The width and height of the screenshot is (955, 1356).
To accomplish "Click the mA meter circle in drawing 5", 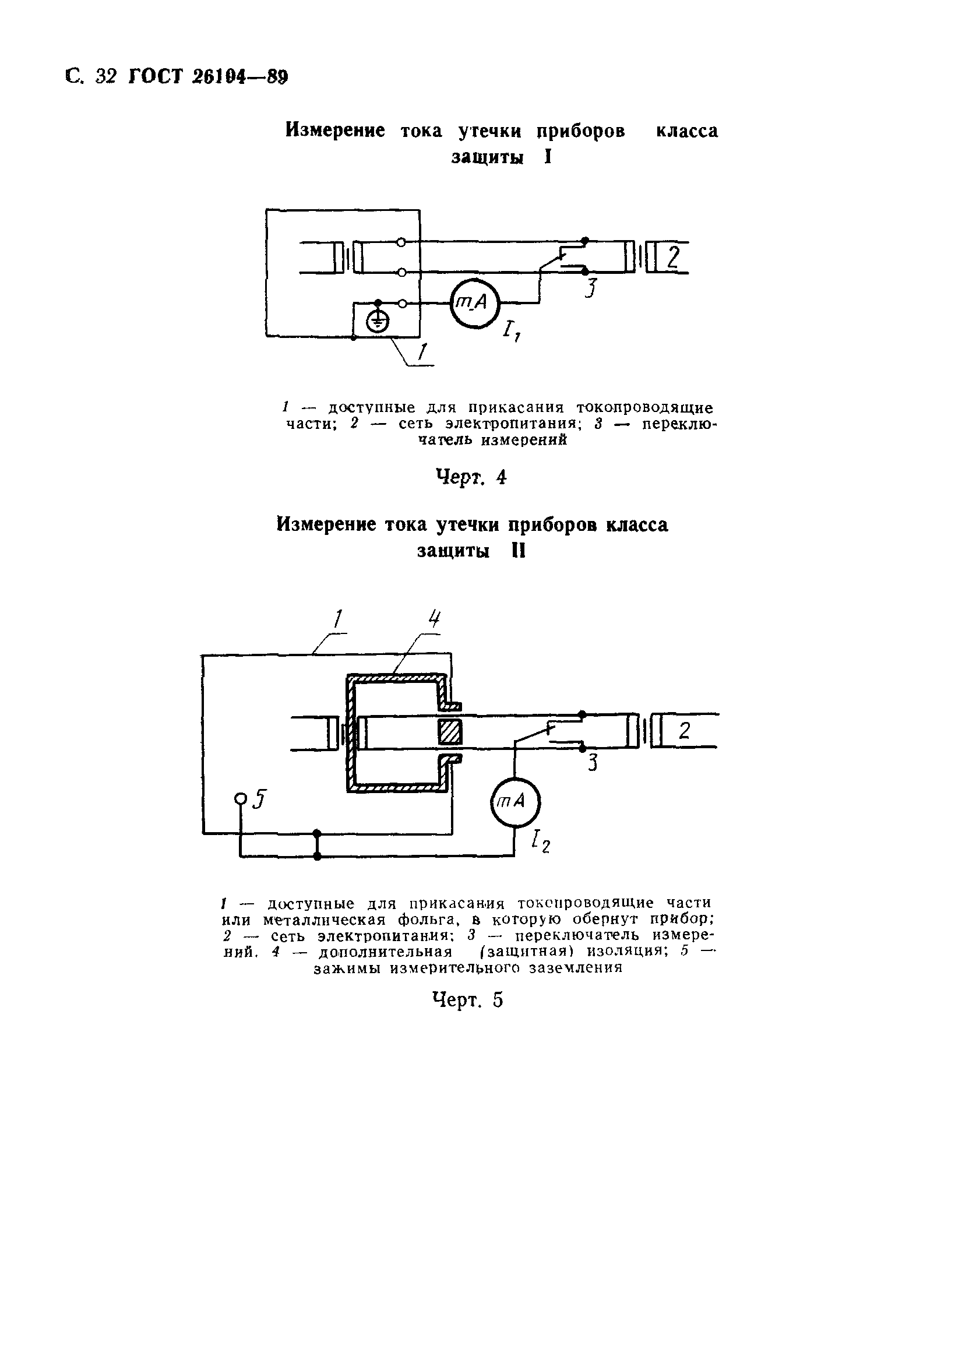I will (x=516, y=802).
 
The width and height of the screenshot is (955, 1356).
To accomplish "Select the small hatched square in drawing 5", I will (x=449, y=732).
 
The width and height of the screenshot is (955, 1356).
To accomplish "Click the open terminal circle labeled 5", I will (x=241, y=798).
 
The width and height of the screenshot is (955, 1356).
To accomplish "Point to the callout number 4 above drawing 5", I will (x=435, y=618).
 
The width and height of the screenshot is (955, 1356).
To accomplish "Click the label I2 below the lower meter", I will (x=540, y=841).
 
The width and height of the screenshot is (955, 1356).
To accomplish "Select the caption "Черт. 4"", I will (x=471, y=477).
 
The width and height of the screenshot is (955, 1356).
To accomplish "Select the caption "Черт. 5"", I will (x=467, y=1000).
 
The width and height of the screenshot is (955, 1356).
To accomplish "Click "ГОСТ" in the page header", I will (x=155, y=77).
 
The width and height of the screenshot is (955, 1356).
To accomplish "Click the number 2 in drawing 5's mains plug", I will (x=684, y=731).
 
